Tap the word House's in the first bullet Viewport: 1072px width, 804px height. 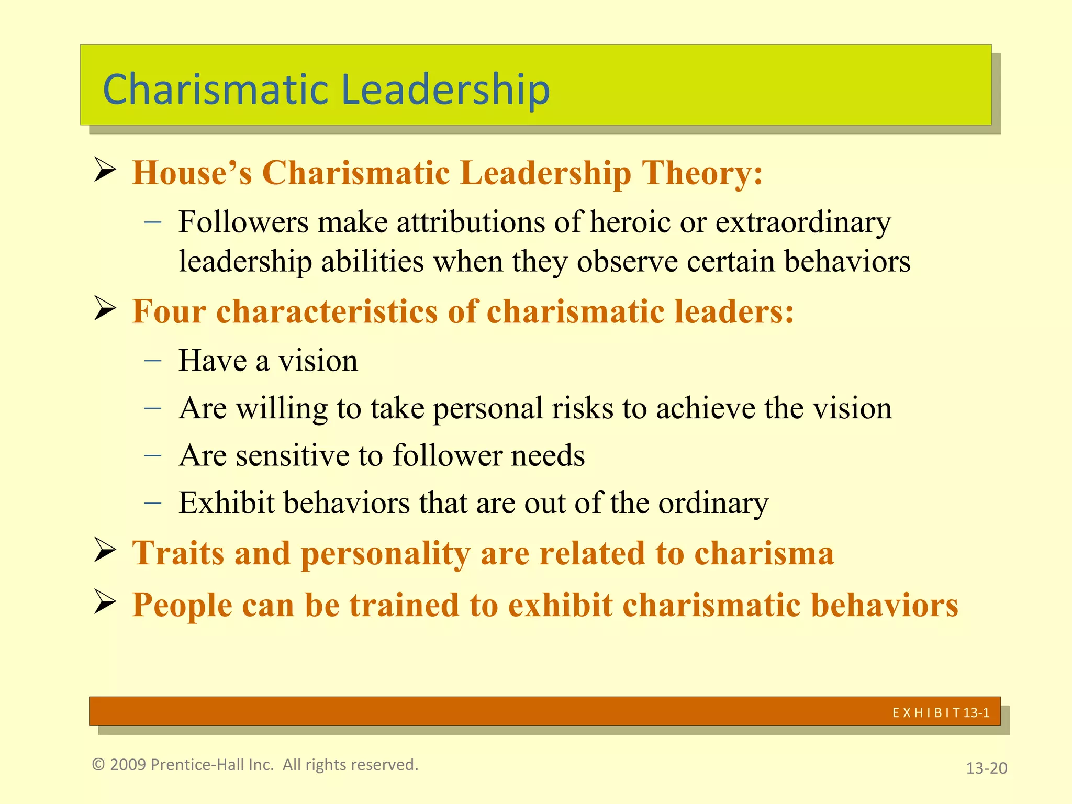pyautogui.click(x=192, y=173)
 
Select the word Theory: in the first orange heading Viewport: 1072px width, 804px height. pyautogui.click(x=702, y=173)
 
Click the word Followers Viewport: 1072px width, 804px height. pyautogui.click(x=243, y=222)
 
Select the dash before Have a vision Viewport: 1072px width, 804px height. pyautogui.click(x=153, y=361)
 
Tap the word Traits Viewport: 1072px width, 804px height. pyautogui.click(x=178, y=553)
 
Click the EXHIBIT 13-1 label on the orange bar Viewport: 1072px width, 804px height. pyautogui.click(x=941, y=712)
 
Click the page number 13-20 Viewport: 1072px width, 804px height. pyautogui.click(x=986, y=768)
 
